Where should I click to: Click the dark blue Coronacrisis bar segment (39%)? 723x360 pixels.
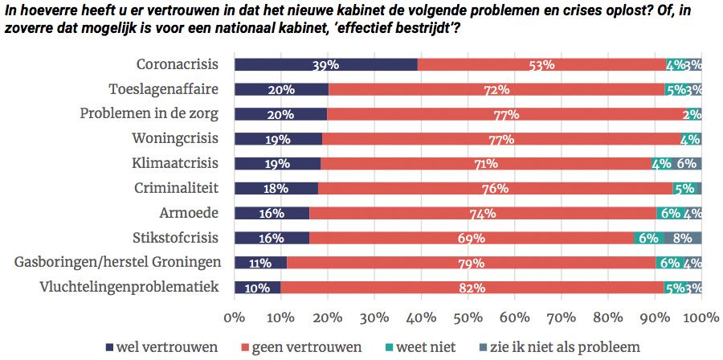[x=325, y=65]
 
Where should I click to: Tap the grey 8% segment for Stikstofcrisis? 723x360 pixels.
[x=683, y=239]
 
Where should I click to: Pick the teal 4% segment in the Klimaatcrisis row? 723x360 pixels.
[x=661, y=164]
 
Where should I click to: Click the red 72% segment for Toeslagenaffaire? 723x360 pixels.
[x=496, y=90]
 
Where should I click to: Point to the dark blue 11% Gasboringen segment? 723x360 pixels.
[x=259, y=263]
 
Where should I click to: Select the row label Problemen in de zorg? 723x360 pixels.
[x=149, y=113]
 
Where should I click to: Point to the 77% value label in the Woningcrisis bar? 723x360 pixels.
[x=502, y=139]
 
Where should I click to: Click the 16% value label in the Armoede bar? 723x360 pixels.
[x=272, y=214]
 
